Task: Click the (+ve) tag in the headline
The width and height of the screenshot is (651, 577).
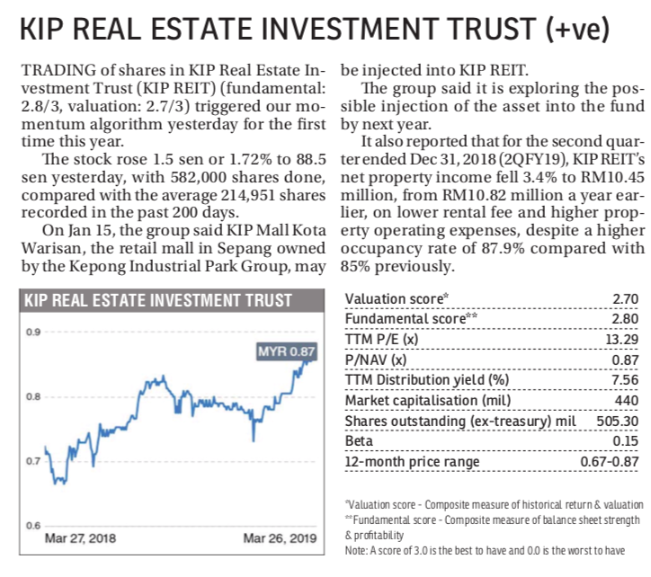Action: [x=577, y=29]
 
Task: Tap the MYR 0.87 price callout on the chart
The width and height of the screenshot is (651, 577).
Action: [x=287, y=351]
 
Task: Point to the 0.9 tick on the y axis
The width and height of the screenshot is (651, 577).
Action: [x=33, y=332]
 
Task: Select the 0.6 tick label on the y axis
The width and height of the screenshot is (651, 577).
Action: [x=33, y=526]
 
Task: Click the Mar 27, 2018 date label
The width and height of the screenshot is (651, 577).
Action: [x=80, y=538]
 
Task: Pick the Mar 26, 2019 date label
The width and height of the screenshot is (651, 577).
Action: [x=280, y=538]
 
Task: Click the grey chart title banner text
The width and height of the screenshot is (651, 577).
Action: [x=157, y=300]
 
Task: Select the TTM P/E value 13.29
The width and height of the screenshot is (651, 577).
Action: [x=621, y=340]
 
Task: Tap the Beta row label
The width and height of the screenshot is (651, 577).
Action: [x=359, y=441]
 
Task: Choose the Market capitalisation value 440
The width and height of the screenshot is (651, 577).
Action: [x=627, y=401]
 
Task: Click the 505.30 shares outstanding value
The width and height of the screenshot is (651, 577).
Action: [x=618, y=421]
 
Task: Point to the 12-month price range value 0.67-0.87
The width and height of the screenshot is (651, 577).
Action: [x=610, y=462]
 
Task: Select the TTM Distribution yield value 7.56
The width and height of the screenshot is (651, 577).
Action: [x=625, y=380]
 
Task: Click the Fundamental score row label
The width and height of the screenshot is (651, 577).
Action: [x=411, y=319]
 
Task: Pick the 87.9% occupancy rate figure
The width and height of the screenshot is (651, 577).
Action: [x=503, y=248]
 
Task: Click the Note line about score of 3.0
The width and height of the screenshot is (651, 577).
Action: [x=485, y=551]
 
